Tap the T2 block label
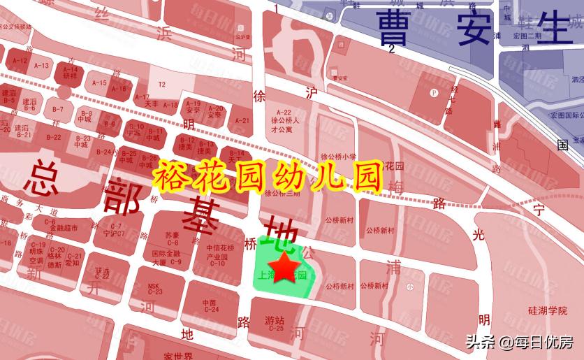pyautogui.click(x=162, y=85)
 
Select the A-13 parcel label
pyautogui.click(x=42, y=66)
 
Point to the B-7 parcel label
pyautogui.click(x=58, y=109)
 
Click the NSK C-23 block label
pyautogui.click(x=155, y=289)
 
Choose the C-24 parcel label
pyautogui.click(x=211, y=309)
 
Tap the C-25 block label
pyautogui.click(x=275, y=327)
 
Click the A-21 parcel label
pyautogui.click(x=242, y=120)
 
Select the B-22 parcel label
pyautogui.click(x=54, y=138)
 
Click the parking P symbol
pyautogui.click(x=434, y=92)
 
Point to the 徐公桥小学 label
pyautogui.click(x=339, y=156)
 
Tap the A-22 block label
pyautogui.click(x=284, y=113)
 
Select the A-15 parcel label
pyautogui.click(x=99, y=83)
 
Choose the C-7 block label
pyautogui.click(x=115, y=225)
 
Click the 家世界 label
pyautogui.click(x=175, y=355)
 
